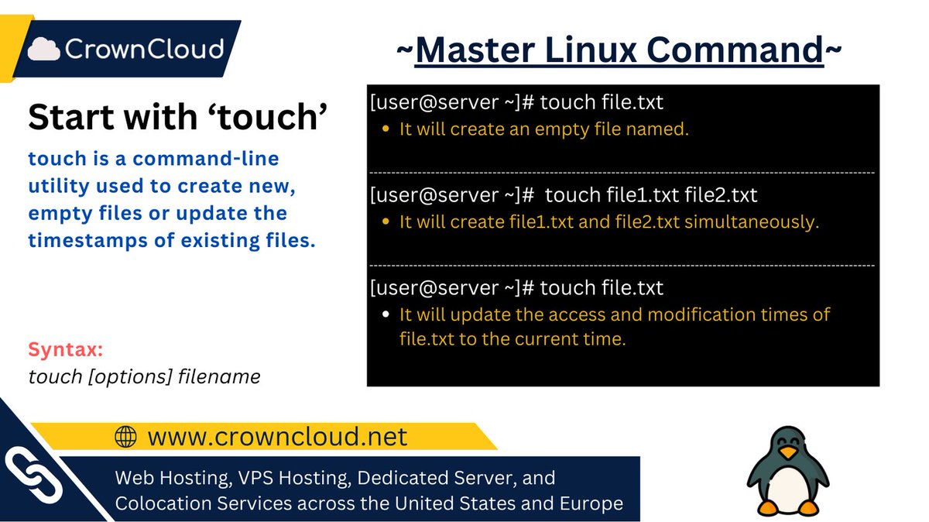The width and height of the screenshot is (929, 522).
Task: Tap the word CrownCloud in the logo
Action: click(x=144, y=49)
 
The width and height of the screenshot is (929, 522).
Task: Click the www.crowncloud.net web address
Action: click(x=277, y=437)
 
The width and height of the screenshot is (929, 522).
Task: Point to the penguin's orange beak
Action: click(x=788, y=453)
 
